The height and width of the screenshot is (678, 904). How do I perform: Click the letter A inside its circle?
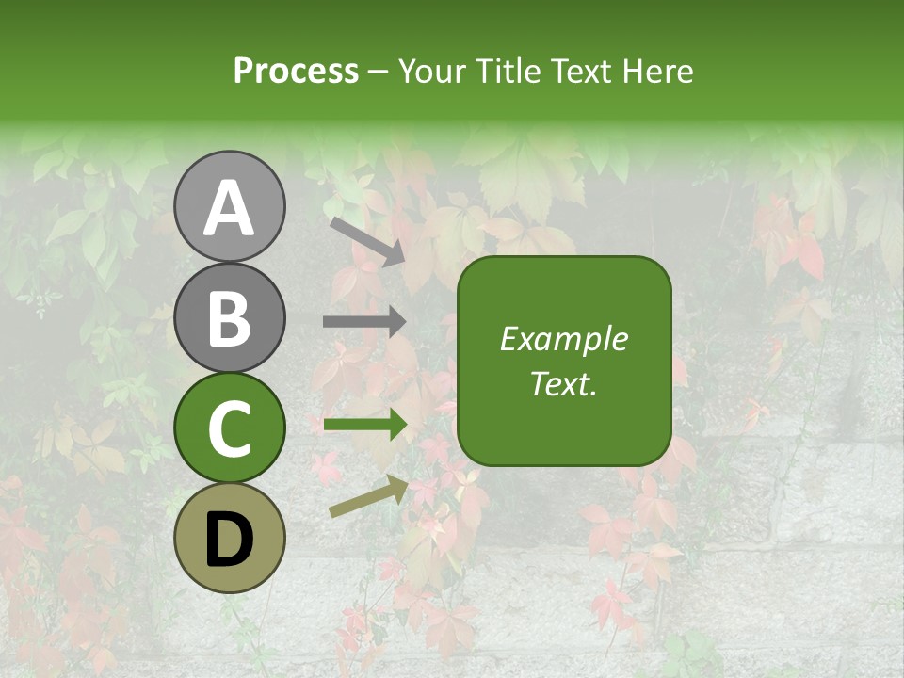[x=230, y=207]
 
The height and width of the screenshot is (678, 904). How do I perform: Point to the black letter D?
[x=230, y=541]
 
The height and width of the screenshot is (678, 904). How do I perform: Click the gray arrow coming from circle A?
[x=366, y=240]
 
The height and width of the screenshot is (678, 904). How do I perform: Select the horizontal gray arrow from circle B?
[x=364, y=322]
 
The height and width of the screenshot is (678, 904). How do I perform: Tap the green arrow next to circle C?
[x=364, y=425]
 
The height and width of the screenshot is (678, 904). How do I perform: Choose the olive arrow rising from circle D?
[x=368, y=496]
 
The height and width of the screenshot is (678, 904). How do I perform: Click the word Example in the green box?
[x=563, y=339]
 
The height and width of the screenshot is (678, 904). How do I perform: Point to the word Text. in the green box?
[x=564, y=383]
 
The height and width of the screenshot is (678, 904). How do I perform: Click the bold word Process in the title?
[x=296, y=71]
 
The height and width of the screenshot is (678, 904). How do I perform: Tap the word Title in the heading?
[x=509, y=71]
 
